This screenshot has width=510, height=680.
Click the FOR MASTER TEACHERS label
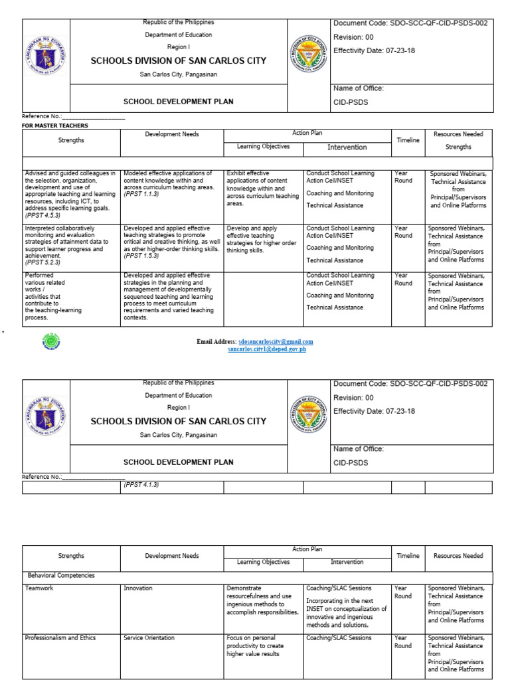coord(55,126)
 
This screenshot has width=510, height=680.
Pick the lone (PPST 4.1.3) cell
coord(141,485)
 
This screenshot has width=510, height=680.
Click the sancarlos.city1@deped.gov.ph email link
coord(267,349)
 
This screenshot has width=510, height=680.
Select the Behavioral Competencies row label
coord(61,576)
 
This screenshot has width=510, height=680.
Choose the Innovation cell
coord(137,588)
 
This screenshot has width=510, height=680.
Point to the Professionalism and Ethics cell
coord(60,638)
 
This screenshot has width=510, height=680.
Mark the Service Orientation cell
coord(149,638)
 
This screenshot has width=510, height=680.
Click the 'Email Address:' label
coord(216,342)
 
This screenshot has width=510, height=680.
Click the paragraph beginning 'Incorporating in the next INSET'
coord(345,612)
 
